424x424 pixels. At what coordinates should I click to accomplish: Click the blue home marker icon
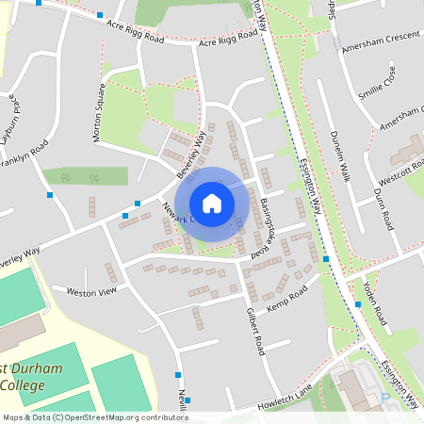[212, 204]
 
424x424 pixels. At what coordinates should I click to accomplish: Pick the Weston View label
[90, 293]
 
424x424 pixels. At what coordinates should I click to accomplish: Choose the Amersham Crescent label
[379, 47]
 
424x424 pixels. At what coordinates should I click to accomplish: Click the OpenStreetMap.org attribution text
[122, 417]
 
